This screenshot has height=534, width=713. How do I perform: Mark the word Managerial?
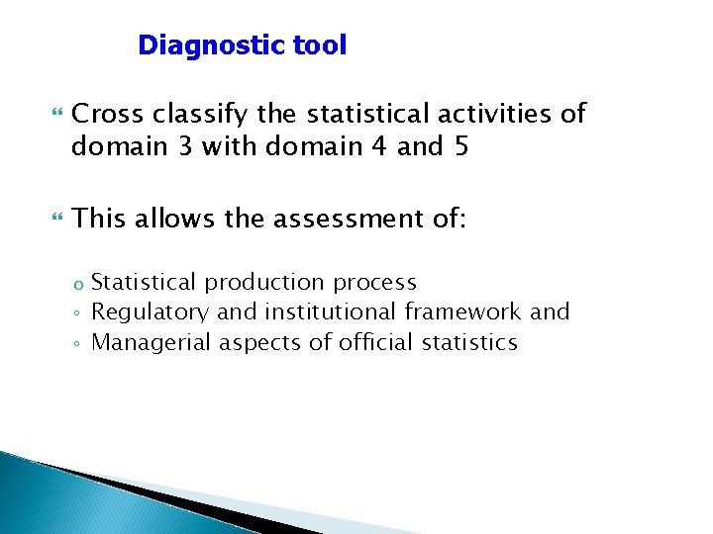click(152, 342)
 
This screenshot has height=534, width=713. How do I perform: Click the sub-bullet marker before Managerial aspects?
click(78, 344)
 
